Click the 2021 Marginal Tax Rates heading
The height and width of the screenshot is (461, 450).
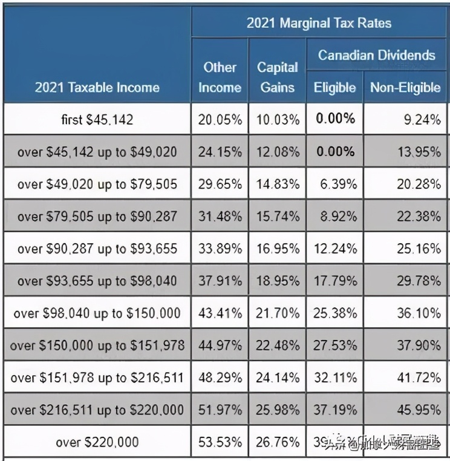pos(319,23)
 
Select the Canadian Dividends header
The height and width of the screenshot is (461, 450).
pos(377,55)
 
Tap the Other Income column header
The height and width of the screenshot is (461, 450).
pos(219,77)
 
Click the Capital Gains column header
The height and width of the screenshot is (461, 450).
pos(278,77)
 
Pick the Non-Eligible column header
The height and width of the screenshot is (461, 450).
pos(405,88)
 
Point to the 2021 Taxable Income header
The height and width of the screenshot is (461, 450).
pos(97,88)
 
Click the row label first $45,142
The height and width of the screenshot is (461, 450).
pos(97,119)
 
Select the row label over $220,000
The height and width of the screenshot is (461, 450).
pos(97,442)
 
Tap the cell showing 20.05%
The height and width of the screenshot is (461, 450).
pos(220,119)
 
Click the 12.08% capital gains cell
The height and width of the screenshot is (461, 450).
pos(278,151)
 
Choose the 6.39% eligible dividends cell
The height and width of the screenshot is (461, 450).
pos(334,184)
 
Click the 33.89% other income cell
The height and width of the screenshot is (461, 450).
pos(220,249)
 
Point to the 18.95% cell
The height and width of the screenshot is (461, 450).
pos(278,281)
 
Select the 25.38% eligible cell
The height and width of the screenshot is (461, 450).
pos(334,313)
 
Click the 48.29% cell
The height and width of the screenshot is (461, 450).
pos(220,378)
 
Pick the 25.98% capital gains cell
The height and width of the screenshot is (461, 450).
pos(278,410)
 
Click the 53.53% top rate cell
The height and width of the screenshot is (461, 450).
pos(220,442)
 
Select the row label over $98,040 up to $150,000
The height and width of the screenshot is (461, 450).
pos(97,313)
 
